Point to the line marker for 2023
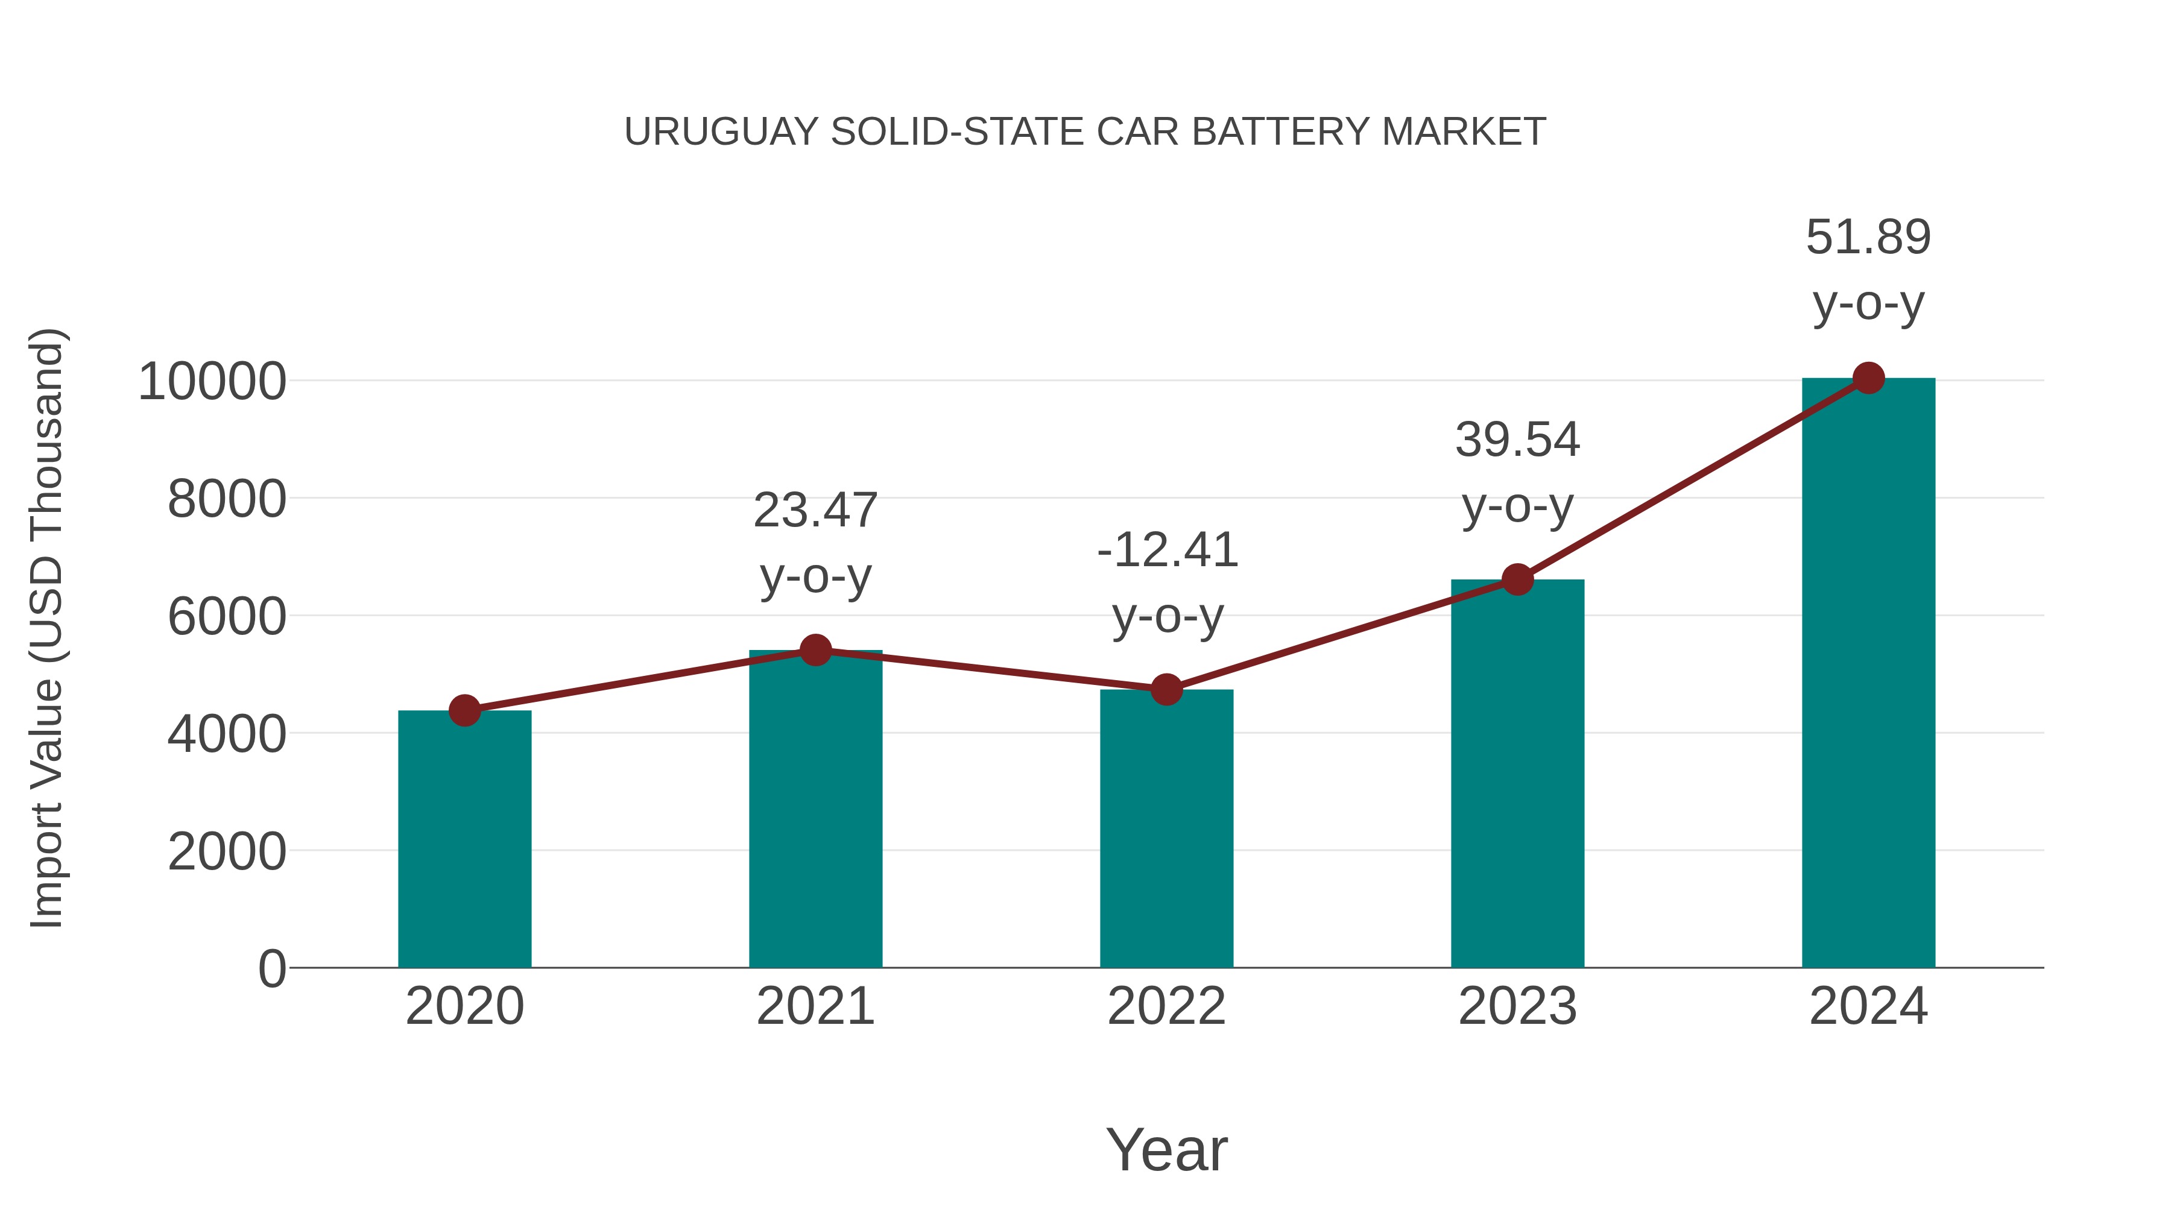1517,579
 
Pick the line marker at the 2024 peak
1868,378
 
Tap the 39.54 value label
1517,440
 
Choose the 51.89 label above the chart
1868,237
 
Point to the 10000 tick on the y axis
212,382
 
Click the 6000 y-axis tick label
227,617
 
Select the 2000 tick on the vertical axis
227,852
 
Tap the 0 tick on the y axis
271,969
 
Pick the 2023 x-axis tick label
1517,1006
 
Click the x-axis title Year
1166,1149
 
